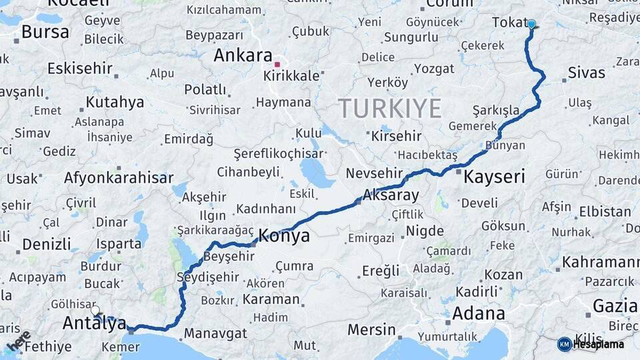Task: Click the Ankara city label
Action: (x=243, y=55)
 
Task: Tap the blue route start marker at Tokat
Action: (x=531, y=24)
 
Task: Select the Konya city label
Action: (x=284, y=235)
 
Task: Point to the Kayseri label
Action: (x=494, y=177)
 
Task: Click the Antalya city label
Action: (x=94, y=323)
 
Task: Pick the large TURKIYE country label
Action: (x=390, y=108)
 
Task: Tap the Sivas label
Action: (x=587, y=73)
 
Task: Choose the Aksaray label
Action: (x=391, y=195)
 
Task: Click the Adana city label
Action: (x=478, y=313)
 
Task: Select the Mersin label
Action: (x=371, y=329)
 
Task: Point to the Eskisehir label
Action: (x=79, y=68)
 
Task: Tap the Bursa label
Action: (x=45, y=32)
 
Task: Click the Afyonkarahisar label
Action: (x=119, y=178)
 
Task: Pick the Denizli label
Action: (x=47, y=244)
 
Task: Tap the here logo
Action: (x=18, y=341)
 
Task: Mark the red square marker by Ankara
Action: (x=277, y=65)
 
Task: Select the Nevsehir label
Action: (x=374, y=173)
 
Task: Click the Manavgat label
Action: (x=215, y=333)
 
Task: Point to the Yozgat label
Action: (x=434, y=69)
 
